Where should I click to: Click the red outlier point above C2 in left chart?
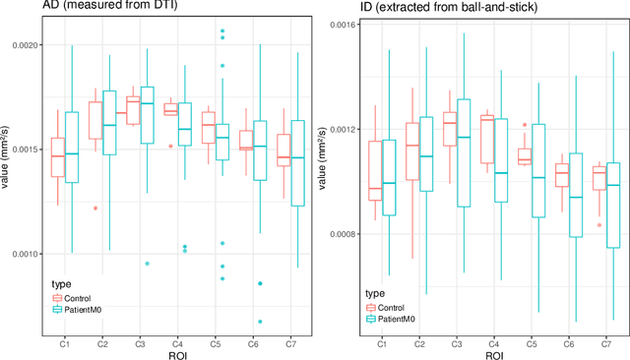click(x=95, y=208)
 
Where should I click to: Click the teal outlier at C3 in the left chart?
click(x=146, y=264)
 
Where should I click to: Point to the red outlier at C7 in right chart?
click(x=598, y=224)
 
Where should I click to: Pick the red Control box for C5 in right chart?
click(x=524, y=157)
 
